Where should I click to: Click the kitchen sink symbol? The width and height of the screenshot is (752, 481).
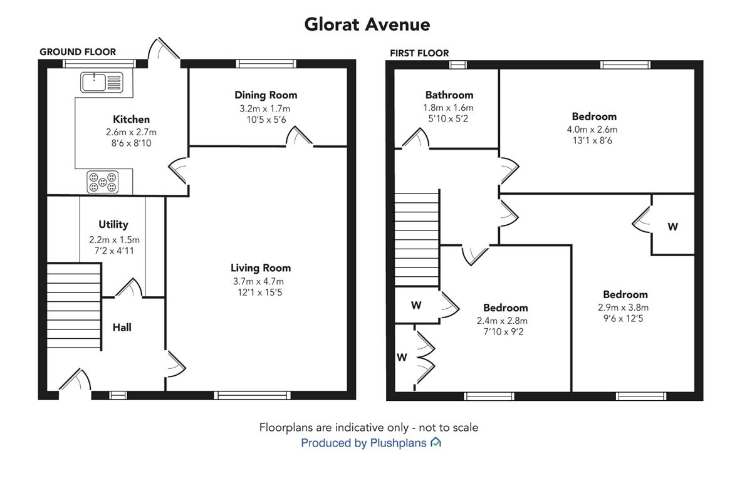(x=102, y=82)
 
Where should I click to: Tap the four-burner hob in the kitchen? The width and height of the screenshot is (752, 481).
(x=103, y=182)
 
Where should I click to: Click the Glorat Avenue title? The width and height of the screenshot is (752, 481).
(x=367, y=24)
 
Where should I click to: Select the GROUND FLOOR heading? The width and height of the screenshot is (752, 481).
(x=78, y=52)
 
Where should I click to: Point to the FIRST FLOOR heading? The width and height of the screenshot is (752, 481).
(x=419, y=53)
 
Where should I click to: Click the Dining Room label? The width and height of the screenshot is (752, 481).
(x=266, y=95)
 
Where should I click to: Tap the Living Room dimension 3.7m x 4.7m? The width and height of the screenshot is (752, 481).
(x=258, y=281)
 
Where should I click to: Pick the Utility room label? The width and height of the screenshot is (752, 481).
(x=113, y=224)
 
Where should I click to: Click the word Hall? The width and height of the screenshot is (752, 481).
(x=122, y=328)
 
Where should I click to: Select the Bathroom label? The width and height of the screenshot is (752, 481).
(x=449, y=95)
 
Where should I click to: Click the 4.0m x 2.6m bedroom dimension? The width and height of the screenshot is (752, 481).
(x=592, y=130)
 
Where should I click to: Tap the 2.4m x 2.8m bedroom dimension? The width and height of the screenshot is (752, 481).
(x=502, y=321)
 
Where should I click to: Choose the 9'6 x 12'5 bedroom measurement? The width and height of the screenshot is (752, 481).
(x=623, y=318)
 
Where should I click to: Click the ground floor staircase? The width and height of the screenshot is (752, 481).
(x=74, y=306)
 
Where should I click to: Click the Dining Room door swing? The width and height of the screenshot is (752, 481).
(x=298, y=136)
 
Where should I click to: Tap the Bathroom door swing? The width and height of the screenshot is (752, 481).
(x=415, y=138)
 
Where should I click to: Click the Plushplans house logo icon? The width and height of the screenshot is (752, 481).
(x=436, y=442)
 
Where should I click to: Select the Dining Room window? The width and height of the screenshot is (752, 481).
(x=266, y=64)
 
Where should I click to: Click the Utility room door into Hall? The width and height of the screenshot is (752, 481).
(x=128, y=288)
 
